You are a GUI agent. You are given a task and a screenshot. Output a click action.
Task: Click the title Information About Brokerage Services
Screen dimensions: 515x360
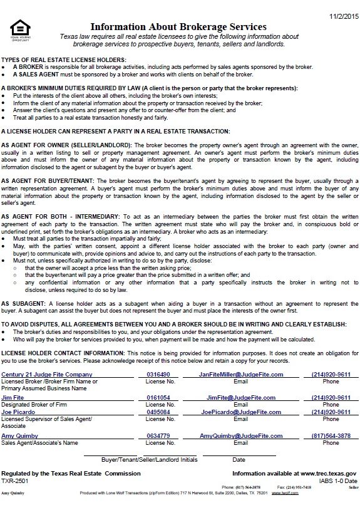(178, 27)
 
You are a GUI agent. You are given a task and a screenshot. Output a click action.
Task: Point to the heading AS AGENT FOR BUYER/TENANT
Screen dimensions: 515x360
(48, 180)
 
